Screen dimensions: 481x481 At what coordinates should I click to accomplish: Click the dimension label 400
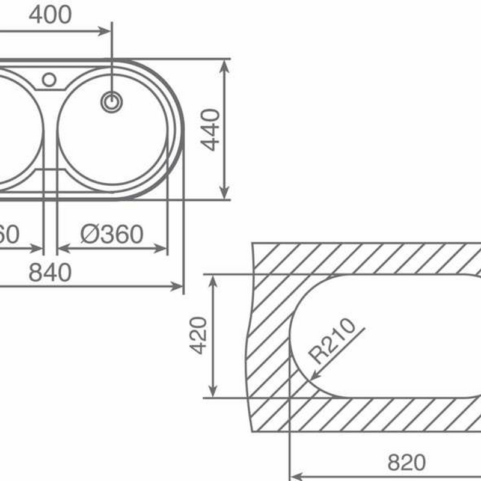pyautogui.click(x=50, y=14)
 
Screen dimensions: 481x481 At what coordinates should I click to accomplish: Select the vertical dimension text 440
pyautogui.click(x=210, y=129)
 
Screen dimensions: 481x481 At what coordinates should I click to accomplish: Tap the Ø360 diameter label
pyautogui.click(x=112, y=234)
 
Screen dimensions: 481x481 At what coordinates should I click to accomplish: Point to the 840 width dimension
pyautogui.click(x=50, y=272)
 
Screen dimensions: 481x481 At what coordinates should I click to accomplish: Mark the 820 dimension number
pyautogui.click(x=406, y=462)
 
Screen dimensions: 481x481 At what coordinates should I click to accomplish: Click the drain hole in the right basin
pyautogui.click(x=111, y=102)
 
